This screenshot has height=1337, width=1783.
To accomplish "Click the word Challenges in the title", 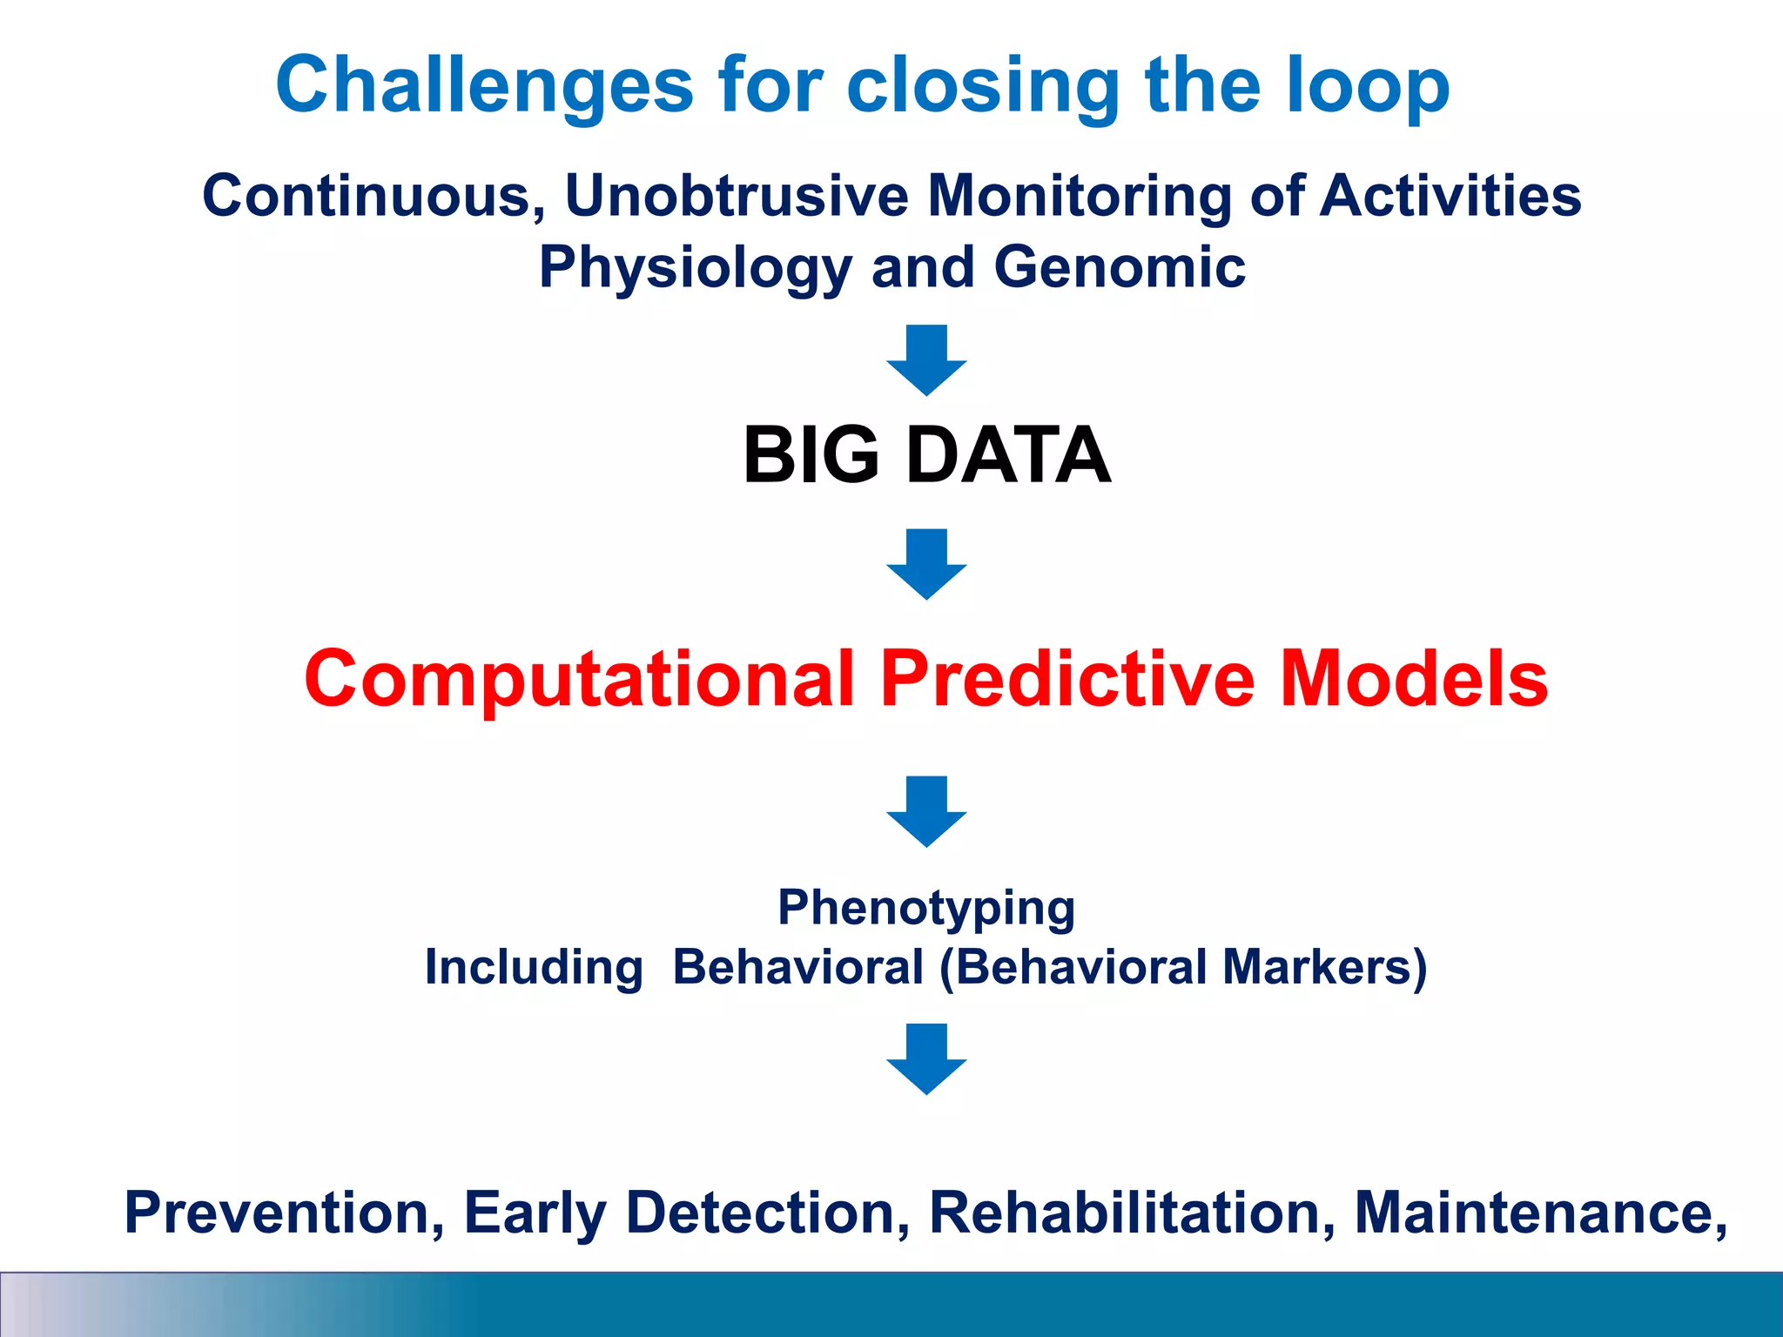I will (484, 85).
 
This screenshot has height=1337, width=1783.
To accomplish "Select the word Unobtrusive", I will (736, 195).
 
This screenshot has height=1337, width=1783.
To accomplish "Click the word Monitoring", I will (1080, 195).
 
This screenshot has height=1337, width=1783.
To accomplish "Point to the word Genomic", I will (1120, 266).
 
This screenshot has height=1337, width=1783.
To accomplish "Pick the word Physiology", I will (695, 268).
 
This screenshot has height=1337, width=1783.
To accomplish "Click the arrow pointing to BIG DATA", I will (926, 359).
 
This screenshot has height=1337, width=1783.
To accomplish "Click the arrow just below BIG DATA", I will (926, 563).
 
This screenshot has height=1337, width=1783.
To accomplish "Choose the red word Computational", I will (579, 680).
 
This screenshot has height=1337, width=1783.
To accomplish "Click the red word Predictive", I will (1067, 680).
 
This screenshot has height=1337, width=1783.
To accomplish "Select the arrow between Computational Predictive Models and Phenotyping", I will (926, 810).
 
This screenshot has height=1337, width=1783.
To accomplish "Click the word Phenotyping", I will (926, 909).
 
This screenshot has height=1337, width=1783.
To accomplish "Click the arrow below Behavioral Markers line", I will (926, 1058).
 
